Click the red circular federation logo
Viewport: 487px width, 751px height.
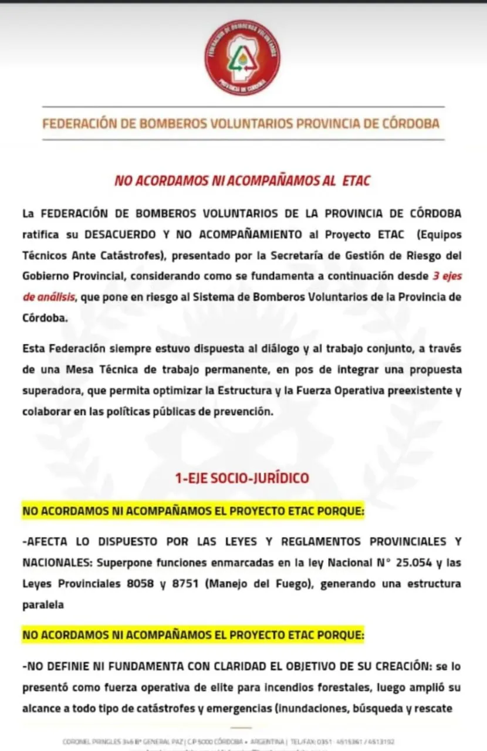pyautogui.click(x=242, y=57)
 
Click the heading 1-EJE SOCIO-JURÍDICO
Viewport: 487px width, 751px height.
pyautogui.click(x=242, y=478)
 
